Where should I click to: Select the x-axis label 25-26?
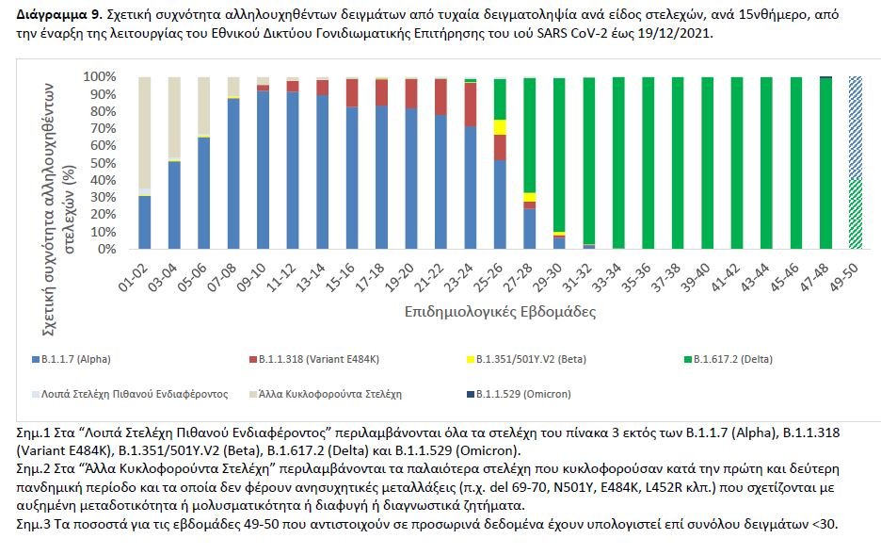point(498,275)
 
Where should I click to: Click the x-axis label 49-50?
point(854,275)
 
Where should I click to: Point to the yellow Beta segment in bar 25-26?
point(500,127)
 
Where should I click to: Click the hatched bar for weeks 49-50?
point(855,162)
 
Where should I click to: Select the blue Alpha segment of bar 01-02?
point(144,222)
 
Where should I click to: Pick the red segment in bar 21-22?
point(440,97)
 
